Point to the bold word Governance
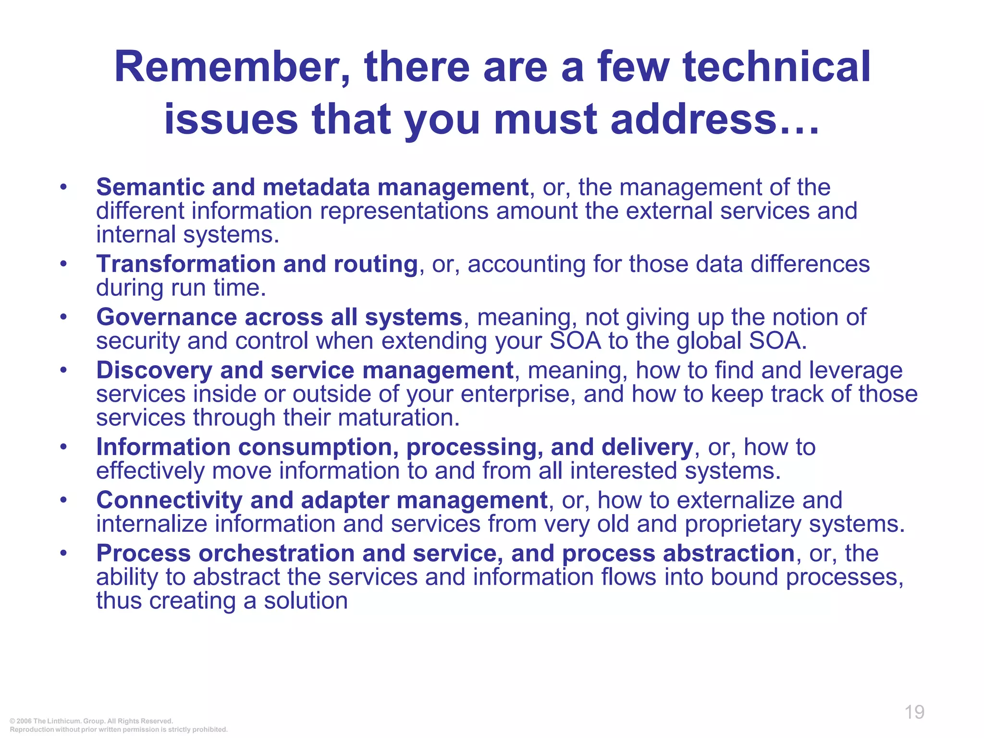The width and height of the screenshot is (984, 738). [166, 317]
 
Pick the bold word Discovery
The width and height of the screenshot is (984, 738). [154, 370]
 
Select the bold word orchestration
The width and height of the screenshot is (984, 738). [277, 553]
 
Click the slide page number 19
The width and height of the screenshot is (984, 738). [914, 712]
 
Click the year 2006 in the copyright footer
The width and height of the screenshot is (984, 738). [24, 721]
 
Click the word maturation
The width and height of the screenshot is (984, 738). [398, 418]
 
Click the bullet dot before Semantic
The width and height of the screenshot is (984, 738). [63, 187]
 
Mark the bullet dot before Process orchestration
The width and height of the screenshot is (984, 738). [63, 553]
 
